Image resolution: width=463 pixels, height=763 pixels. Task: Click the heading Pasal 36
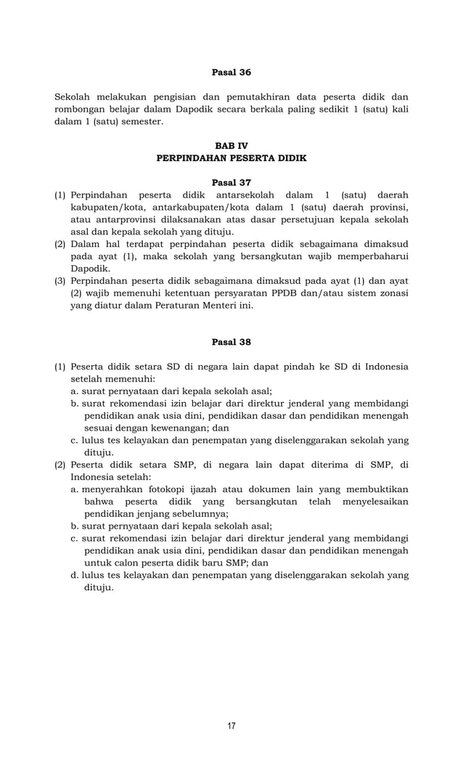[x=231, y=73]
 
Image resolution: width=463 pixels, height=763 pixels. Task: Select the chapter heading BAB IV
[x=231, y=146]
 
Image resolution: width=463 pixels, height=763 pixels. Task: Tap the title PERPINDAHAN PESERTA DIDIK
[x=231, y=158]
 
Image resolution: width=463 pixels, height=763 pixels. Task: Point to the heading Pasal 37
[x=231, y=182]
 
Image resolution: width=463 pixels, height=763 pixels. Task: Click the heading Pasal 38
[x=231, y=342]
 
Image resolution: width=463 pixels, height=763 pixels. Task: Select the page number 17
[x=231, y=725]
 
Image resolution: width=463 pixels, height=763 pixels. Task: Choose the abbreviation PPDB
[x=284, y=293]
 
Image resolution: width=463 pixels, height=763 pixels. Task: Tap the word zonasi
[x=393, y=293]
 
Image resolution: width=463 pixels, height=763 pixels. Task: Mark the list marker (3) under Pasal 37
[x=61, y=280]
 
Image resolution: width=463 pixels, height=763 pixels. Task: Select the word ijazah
[x=216, y=489]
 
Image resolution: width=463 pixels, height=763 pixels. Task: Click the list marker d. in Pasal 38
[x=75, y=575]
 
